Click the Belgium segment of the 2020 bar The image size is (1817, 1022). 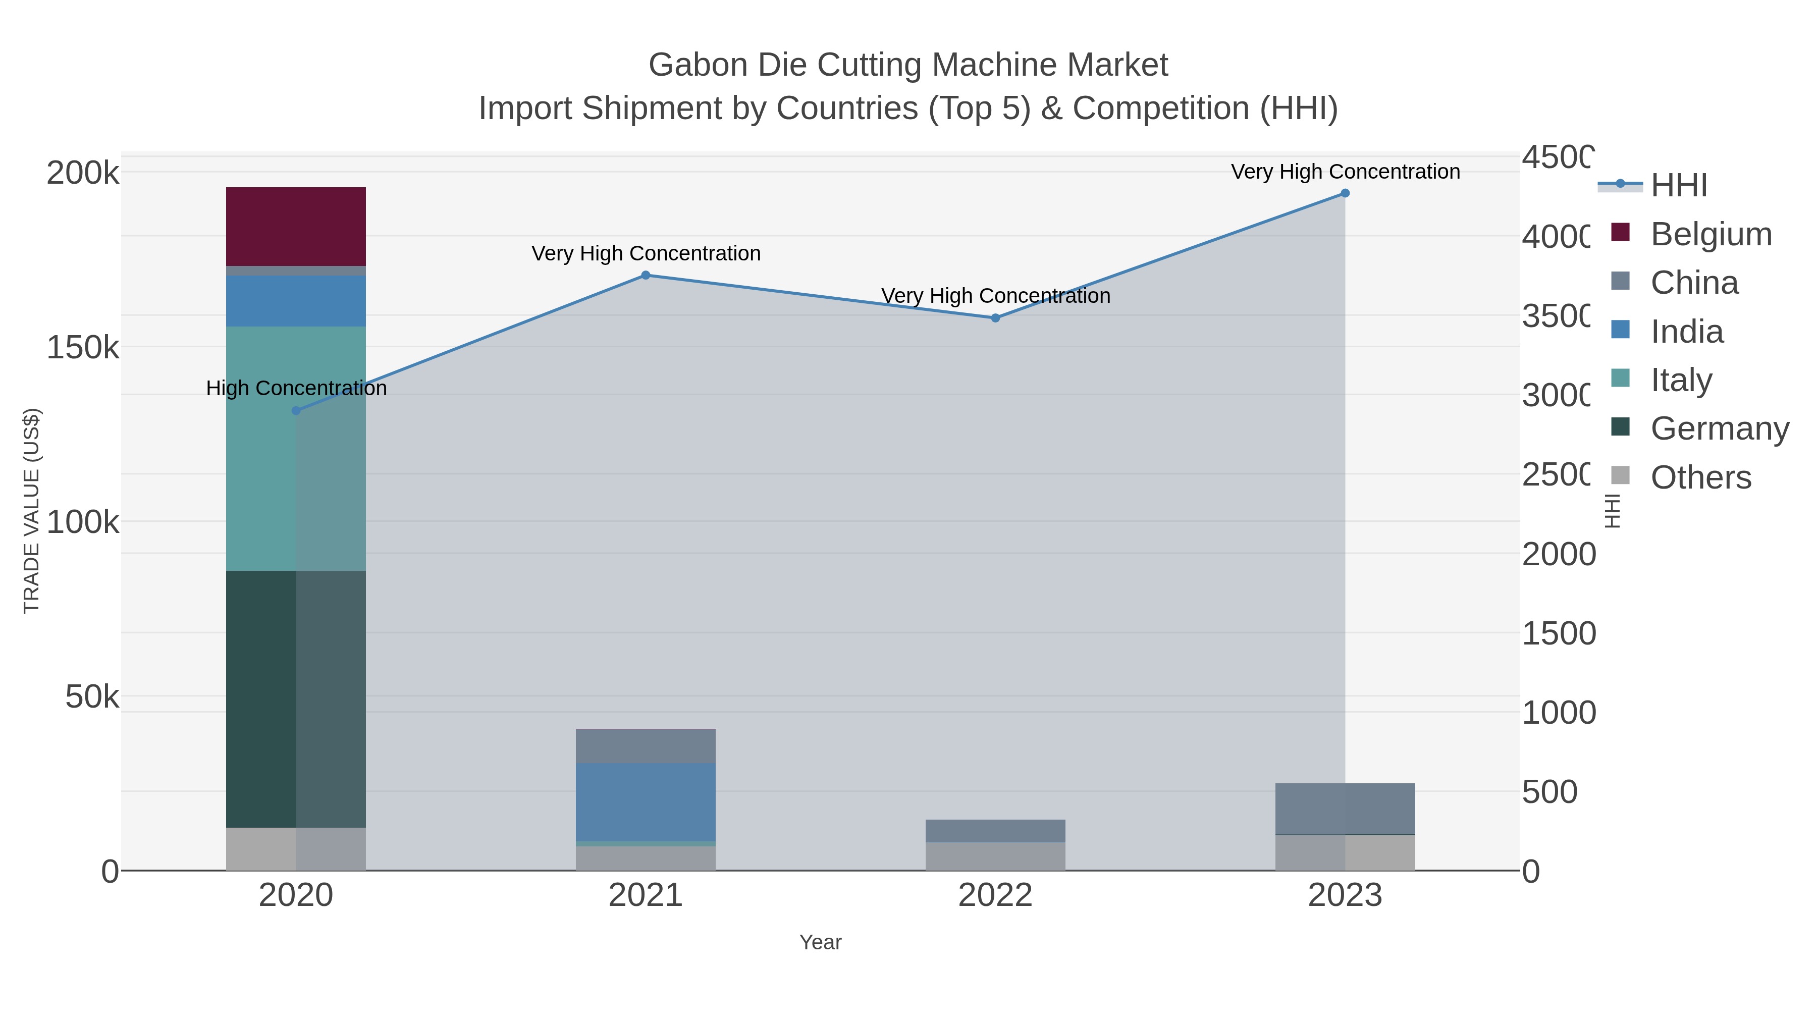[x=296, y=227]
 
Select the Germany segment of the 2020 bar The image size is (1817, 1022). [x=296, y=698]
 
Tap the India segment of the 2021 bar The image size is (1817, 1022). [x=646, y=801]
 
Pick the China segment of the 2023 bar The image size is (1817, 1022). [x=1345, y=809]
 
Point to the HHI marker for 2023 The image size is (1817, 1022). [x=1345, y=193]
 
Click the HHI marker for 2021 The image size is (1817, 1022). [x=646, y=275]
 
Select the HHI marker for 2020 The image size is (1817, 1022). [x=296, y=410]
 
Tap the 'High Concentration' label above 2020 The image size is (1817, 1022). [x=296, y=388]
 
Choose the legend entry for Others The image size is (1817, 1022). [x=1700, y=477]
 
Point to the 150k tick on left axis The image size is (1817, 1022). [x=83, y=348]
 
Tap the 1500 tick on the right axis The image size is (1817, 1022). [x=1558, y=633]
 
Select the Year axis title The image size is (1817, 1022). [x=820, y=942]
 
